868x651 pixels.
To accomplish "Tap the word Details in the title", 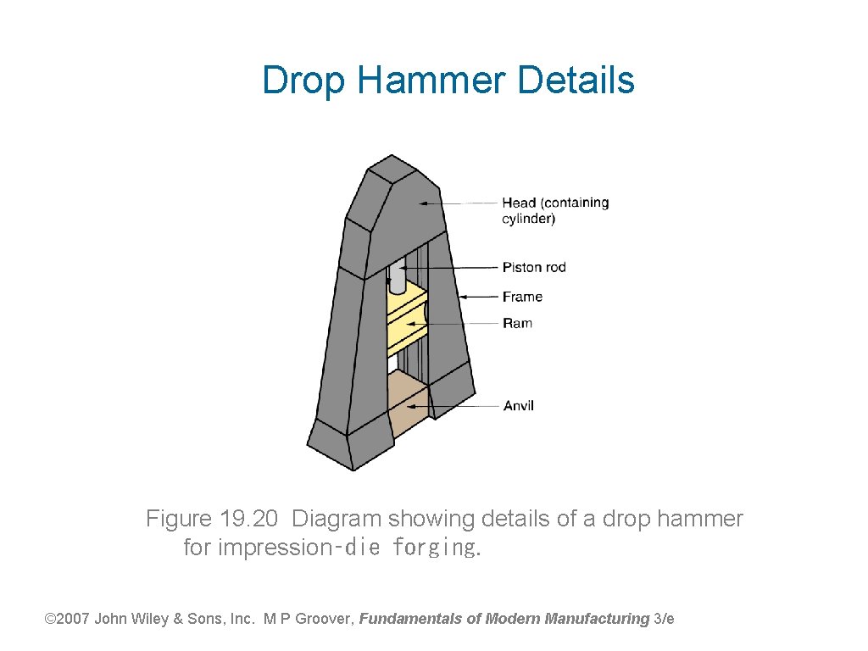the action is point(576,81).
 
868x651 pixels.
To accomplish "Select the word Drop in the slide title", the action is point(304,81).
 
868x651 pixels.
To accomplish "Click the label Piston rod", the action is point(534,268).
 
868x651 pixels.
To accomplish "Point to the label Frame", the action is point(522,297).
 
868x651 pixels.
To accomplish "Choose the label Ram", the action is point(517,323).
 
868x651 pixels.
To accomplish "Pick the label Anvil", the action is point(518,406).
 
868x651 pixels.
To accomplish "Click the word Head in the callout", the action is point(519,203).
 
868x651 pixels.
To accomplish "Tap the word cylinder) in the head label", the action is point(529,219).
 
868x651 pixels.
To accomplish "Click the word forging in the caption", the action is point(435,548).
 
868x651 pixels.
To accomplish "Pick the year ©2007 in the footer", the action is point(66,619).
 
